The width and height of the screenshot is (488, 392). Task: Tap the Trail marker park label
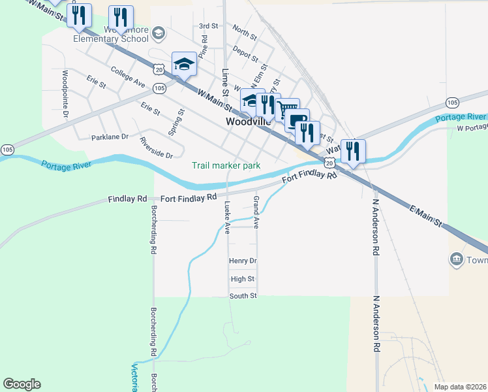point(226,165)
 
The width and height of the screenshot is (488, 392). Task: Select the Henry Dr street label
point(243,261)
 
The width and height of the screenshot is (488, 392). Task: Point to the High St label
point(242,279)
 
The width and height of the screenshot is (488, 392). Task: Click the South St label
point(243,296)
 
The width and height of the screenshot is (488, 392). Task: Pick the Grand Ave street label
point(256,212)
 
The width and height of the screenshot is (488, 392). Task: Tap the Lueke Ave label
point(228,218)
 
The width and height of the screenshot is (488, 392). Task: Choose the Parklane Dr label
point(110,138)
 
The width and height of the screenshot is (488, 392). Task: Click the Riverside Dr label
point(156,155)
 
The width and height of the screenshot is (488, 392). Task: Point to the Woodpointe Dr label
point(66,94)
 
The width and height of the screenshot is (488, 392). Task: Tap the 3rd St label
point(208,26)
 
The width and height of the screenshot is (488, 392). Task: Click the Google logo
point(22,384)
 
